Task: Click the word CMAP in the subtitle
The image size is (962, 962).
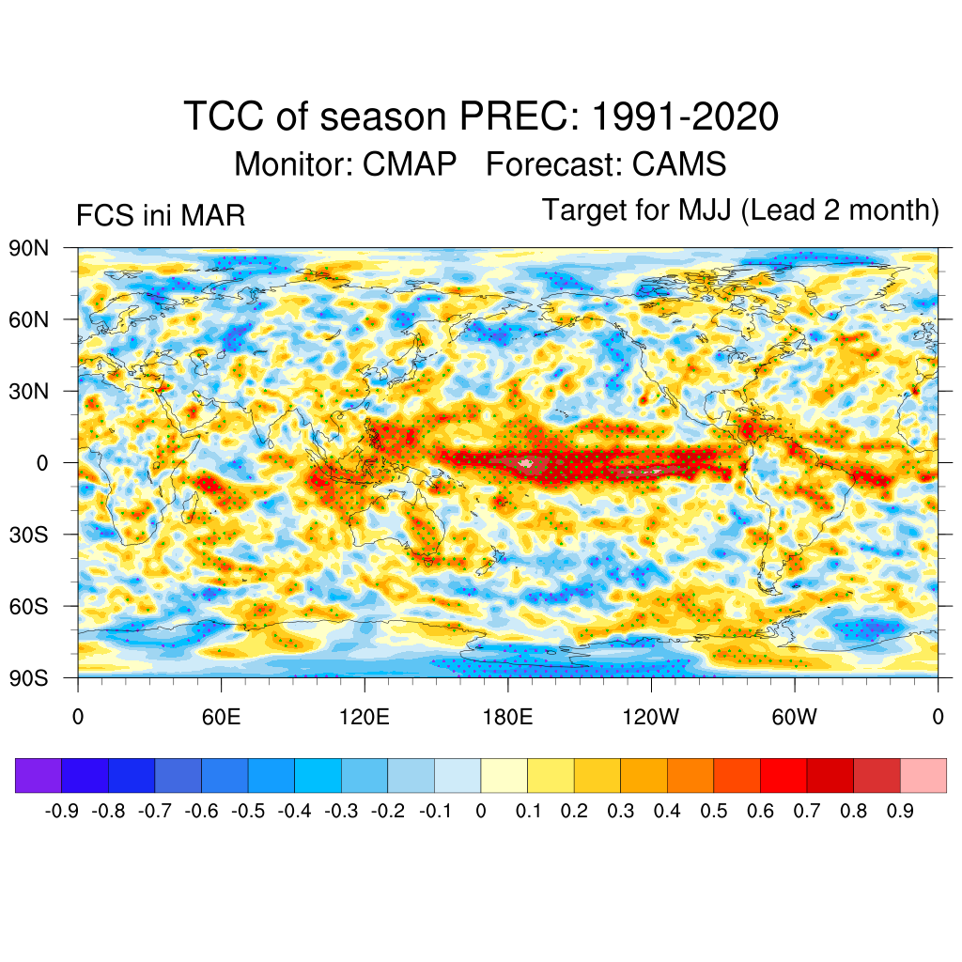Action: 411,164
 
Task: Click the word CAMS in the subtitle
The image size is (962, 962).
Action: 679,164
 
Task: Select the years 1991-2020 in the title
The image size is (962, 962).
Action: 686,117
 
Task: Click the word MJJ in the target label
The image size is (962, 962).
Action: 707,210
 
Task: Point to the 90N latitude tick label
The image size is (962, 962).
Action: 29,248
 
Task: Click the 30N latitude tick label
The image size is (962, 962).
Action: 29,391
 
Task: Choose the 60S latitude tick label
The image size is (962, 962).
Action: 29,606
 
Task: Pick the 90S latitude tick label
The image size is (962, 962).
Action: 29,677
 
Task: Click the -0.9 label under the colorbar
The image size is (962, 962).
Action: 62,812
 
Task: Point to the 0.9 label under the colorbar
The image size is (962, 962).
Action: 900,812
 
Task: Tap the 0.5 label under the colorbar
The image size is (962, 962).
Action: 714,812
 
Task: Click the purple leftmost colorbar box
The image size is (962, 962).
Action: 39,775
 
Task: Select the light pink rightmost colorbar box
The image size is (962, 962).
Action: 923,775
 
